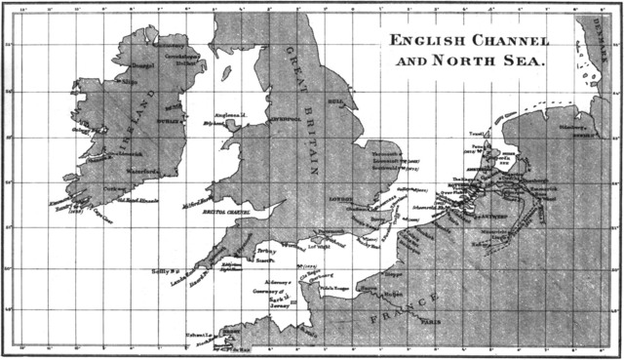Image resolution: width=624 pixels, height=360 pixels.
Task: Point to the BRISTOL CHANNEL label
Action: pyautogui.click(x=227, y=212)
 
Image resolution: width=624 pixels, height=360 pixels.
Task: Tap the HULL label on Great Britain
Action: pyautogui.click(x=336, y=100)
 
